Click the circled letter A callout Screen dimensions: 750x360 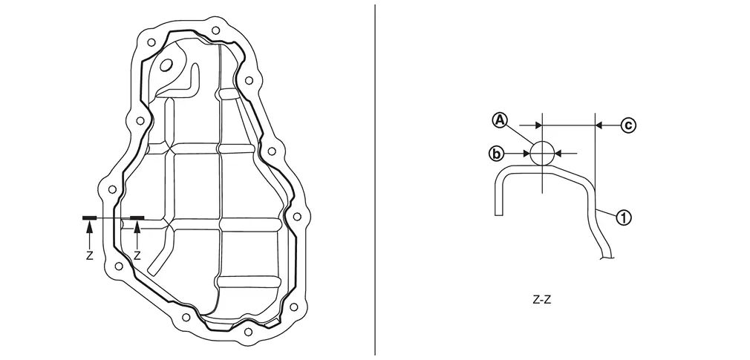coord(500,120)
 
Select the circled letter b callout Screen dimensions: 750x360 coord(497,154)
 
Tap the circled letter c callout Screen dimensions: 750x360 coord(628,125)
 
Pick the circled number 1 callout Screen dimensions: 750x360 coord(624,218)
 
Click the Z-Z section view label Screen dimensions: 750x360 coord(541,300)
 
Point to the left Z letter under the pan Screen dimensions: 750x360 coord(89,256)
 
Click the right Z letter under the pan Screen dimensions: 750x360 coord(137,256)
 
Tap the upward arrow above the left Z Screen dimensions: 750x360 coord(89,235)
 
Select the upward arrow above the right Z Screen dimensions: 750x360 coord(137,235)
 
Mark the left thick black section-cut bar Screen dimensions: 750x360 coord(89,218)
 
